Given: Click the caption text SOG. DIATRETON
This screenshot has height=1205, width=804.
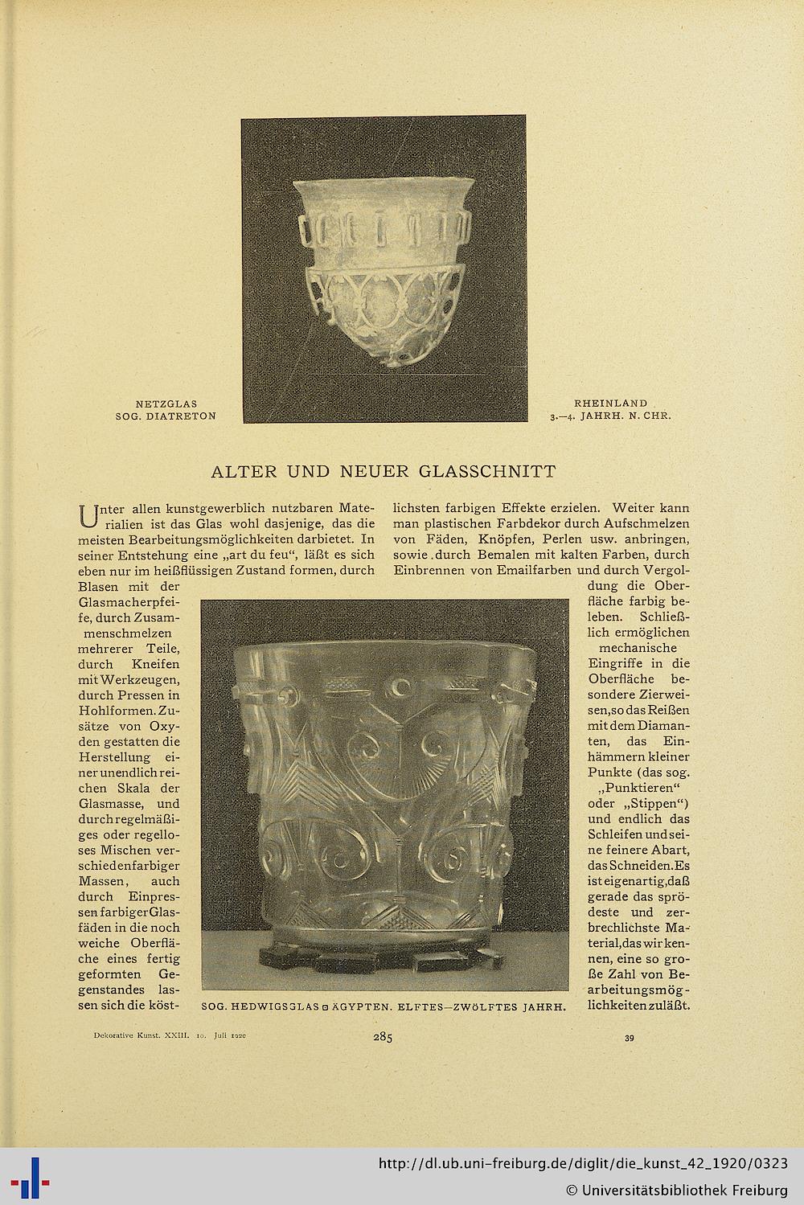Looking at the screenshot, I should tap(166, 416).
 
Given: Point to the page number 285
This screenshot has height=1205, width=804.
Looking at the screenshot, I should tap(382, 1038).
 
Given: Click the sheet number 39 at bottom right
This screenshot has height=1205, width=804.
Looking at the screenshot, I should tap(629, 1039).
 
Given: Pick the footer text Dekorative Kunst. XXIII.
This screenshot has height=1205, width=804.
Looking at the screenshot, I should tap(136, 1037).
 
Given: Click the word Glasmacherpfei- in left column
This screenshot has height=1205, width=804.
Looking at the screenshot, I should tap(128, 602).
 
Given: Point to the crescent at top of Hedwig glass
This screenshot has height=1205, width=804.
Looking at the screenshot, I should tap(399, 687).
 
